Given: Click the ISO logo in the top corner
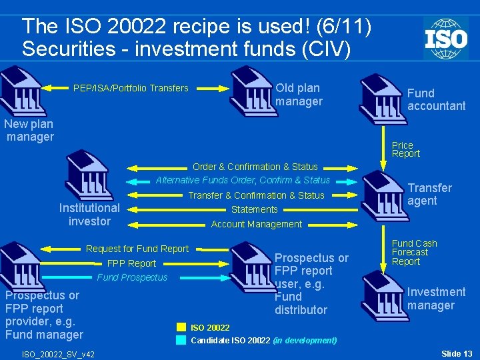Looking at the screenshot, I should [445, 37].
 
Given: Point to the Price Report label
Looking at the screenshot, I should [405, 149].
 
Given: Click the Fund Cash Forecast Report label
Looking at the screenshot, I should [414, 253].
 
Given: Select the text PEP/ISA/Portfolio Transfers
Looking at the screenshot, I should [131, 88].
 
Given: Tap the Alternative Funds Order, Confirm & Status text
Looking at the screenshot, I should [243, 180].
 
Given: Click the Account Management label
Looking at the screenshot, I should [256, 224].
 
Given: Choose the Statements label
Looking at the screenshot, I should [254, 209].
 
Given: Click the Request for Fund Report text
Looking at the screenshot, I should [137, 249].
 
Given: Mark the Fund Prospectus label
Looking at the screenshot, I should [132, 277].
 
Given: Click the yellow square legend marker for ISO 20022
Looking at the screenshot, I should [181, 327].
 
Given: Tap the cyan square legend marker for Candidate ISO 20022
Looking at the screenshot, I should [181, 340].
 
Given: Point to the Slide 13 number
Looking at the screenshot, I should [457, 353].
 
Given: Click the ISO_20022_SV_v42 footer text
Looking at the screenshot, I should [58, 354].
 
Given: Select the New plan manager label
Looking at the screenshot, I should [29, 131].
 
